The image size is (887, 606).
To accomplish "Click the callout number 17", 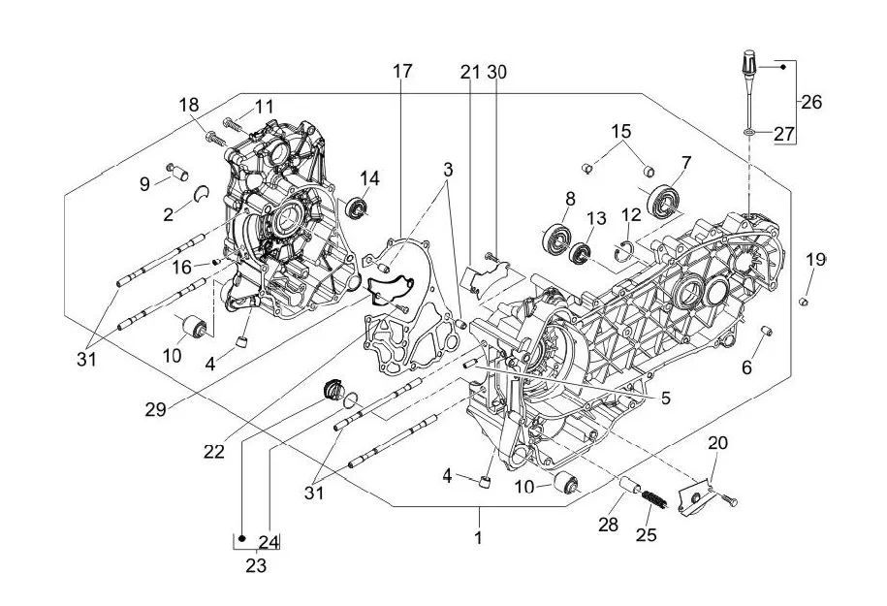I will [402, 71].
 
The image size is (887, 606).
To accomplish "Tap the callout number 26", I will [811, 102].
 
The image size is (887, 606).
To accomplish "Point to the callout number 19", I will [816, 259].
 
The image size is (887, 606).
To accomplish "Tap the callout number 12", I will [631, 213].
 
